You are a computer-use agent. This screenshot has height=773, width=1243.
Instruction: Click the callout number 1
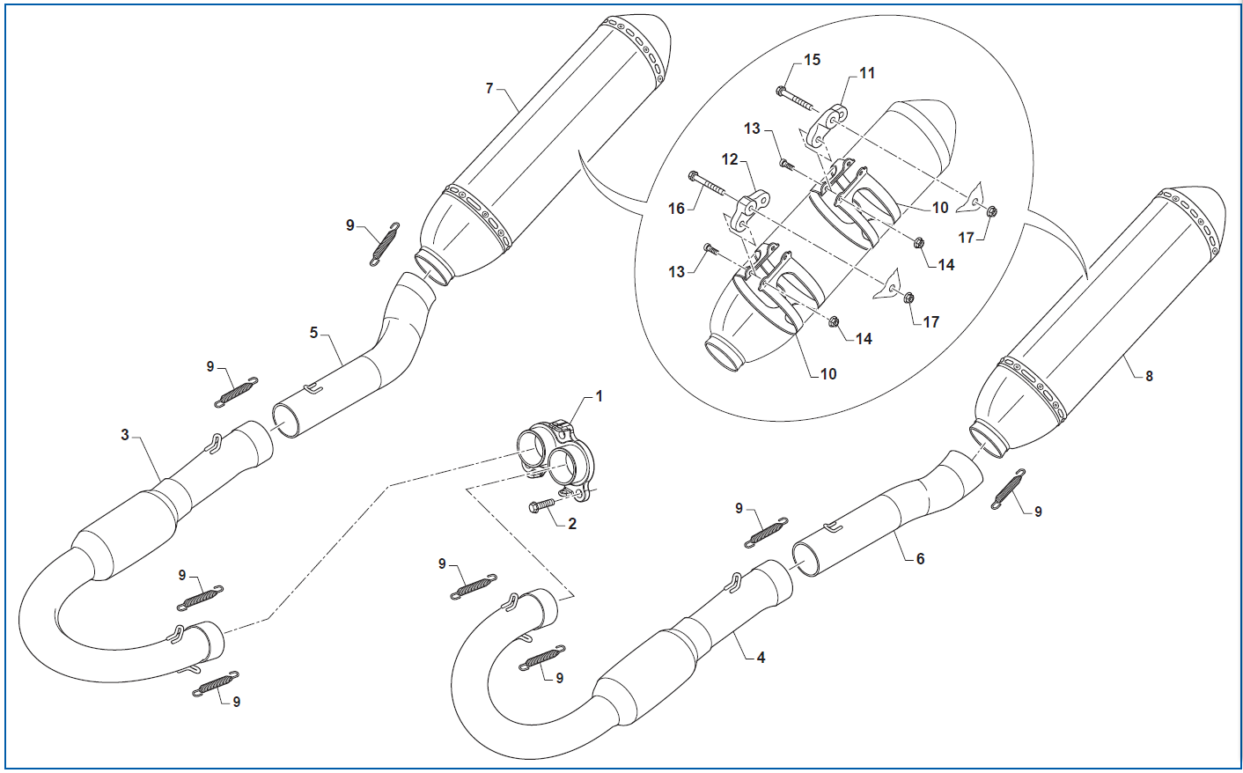(599, 396)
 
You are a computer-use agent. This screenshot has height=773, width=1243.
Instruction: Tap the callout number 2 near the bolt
(572, 524)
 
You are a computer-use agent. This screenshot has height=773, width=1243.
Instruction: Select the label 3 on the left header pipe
(125, 435)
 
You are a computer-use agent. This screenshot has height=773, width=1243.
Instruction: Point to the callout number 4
(761, 657)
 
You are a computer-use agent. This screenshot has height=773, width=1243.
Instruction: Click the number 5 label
(313, 333)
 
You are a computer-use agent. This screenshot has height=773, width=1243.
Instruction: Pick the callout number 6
(920, 559)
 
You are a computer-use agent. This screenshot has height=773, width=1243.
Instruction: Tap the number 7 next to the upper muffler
(489, 88)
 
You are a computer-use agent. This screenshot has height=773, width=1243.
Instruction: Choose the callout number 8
(1149, 376)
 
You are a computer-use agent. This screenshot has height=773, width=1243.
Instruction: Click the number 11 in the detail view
(867, 73)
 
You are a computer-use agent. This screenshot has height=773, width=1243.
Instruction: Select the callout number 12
(730, 159)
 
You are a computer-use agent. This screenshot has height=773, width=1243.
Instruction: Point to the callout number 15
(812, 59)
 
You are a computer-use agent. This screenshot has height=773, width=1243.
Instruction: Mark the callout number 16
(676, 209)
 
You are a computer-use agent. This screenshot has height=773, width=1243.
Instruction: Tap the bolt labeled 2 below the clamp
(540, 506)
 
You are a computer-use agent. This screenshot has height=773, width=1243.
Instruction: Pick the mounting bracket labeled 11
(829, 124)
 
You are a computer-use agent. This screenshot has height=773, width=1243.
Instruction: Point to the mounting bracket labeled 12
(748, 209)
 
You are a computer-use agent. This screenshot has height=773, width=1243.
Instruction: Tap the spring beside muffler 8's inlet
(1008, 489)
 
